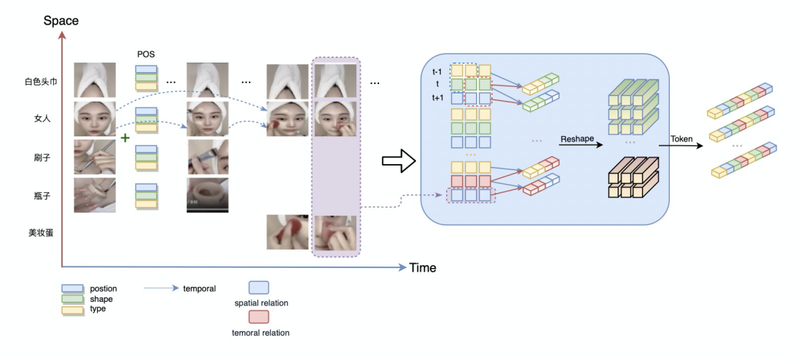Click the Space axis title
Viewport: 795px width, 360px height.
pyautogui.click(x=61, y=21)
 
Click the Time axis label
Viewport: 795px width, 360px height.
pyautogui.click(x=423, y=267)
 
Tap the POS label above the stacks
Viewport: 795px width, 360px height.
pyautogui.click(x=146, y=53)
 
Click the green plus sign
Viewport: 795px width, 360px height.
pyautogui.click(x=124, y=138)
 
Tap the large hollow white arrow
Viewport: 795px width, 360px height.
pyautogui.click(x=398, y=160)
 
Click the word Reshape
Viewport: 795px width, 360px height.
pyautogui.click(x=577, y=139)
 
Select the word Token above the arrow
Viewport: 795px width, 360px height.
pyautogui.click(x=682, y=138)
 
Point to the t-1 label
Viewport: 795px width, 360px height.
pyautogui.click(x=437, y=71)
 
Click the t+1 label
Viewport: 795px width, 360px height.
pyautogui.click(x=437, y=98)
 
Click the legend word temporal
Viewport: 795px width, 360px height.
pyautogui.click(x=199, y=289)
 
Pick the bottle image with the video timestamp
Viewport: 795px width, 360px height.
pyautogui.click(x=208, y=194)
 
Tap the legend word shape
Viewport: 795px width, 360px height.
pyautogui.click(x=102, y=299)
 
